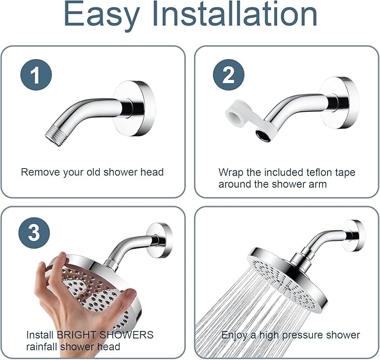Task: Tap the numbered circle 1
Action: [x=36, y=75]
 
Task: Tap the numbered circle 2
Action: [x=228, y=75]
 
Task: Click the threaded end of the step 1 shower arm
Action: [x=54, y=135]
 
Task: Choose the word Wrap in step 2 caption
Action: [x=229, y=172]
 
